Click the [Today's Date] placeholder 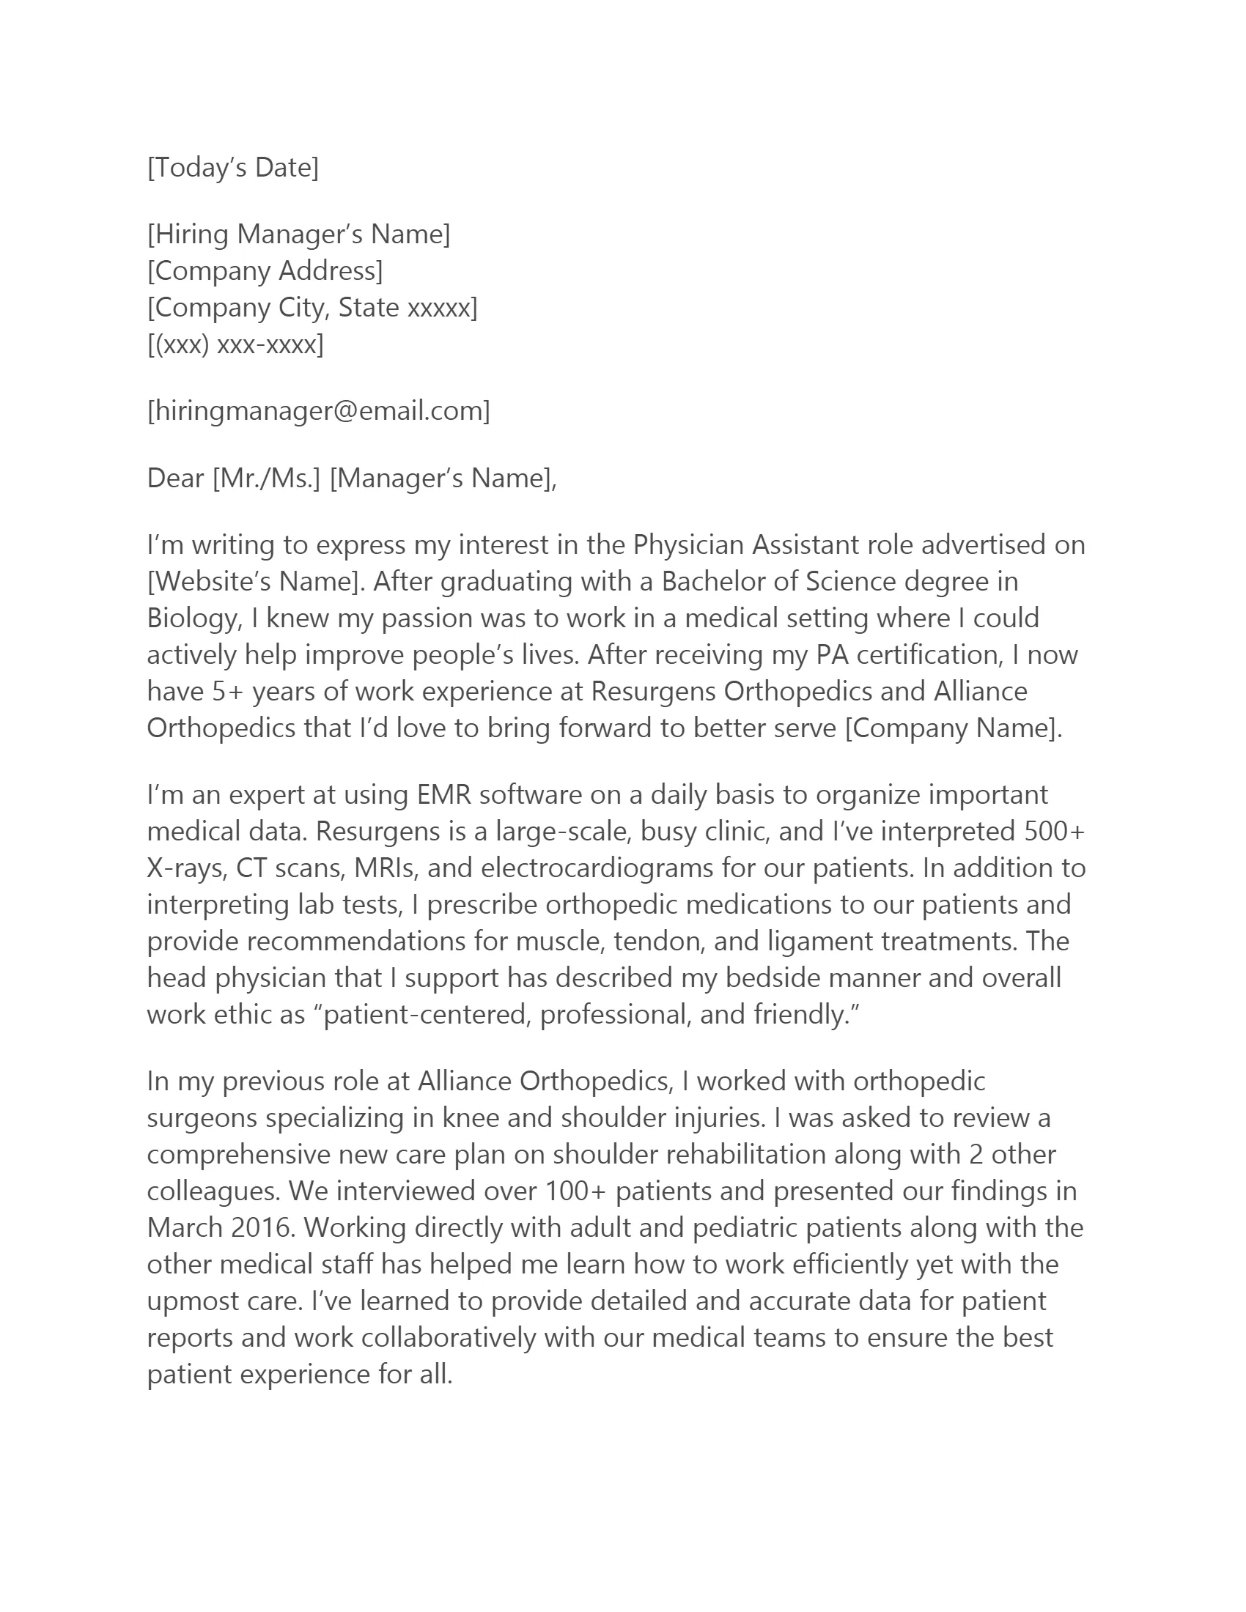click(x=233, y=168)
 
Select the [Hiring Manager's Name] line click(x=298, y=234)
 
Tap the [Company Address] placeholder click(x=265, y=271)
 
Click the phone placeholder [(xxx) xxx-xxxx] click(x=235, y=344)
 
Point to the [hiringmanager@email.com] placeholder click(x=318, y=410)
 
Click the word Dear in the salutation click(x=176, y=478)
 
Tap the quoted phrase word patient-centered click(x=429, y=1015)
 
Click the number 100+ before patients click(x=576, y=1191)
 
